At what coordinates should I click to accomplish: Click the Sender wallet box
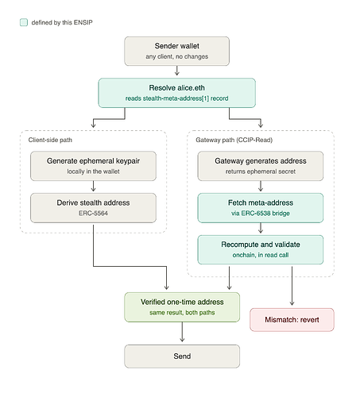click(x=176, y=51)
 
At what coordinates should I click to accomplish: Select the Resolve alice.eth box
click(x=176, y=93)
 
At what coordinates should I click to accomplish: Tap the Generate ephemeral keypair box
click(x=93, y=166)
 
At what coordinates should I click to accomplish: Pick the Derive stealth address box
click(x=93, y=208)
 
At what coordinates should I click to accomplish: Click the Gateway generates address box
click(x=261, y=166)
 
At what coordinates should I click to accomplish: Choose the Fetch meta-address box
click(x=261, y=208)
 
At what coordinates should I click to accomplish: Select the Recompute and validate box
click(x=261, y=249)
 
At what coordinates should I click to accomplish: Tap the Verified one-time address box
click(x=182, y=307)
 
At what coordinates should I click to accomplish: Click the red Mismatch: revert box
click(x=292, y=320)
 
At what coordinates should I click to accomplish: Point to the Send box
click(x=182, y=357)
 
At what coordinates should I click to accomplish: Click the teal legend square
click(x=24, y=22)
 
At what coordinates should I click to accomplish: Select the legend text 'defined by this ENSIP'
click(x=62, y=22)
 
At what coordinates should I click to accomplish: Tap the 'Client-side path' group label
click(x=50, y=140)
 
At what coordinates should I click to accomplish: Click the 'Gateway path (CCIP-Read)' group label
click(x=234, y=140)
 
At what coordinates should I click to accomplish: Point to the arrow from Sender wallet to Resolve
click(x=176, y=71)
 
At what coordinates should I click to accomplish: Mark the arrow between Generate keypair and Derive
click(x=93, y=186)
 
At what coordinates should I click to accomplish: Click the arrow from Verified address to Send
click(x=182, y=332)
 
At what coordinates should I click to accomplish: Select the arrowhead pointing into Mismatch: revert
click(x=292, y=303)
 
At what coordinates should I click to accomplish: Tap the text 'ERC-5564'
click(x=93, y=214)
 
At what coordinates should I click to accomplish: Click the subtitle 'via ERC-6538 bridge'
click(x=261, y=214)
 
